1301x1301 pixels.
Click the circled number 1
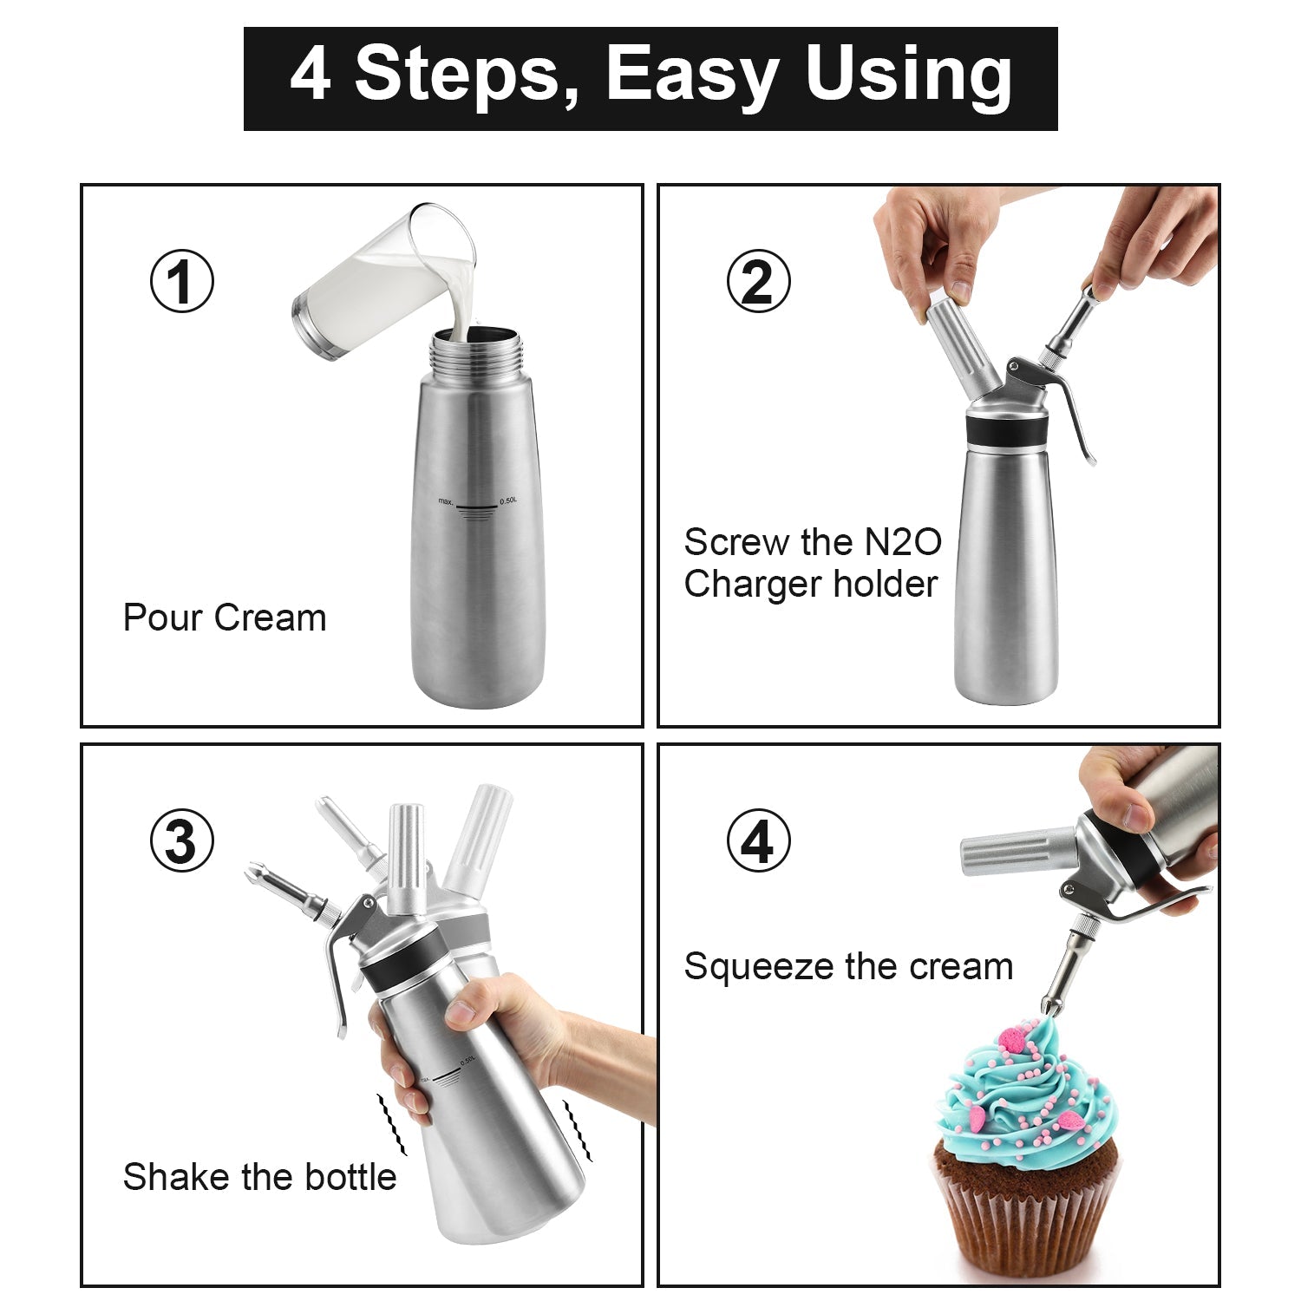(x=181, y=281)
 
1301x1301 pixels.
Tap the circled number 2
(x=758, y=281)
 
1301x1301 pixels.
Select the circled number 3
(x=181, y=840)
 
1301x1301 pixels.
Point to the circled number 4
(x=758, y=840)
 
